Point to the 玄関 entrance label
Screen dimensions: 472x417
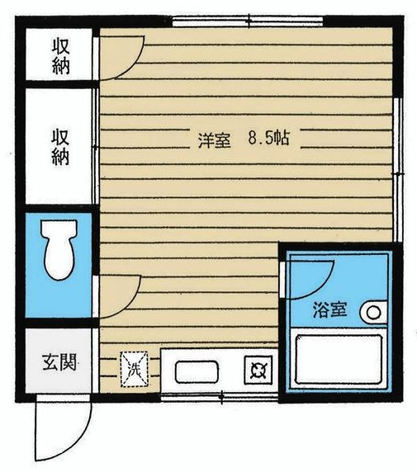coord(59,361)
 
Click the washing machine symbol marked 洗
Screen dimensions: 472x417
coord(134,367)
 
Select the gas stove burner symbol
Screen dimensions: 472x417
coord(257,368)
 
